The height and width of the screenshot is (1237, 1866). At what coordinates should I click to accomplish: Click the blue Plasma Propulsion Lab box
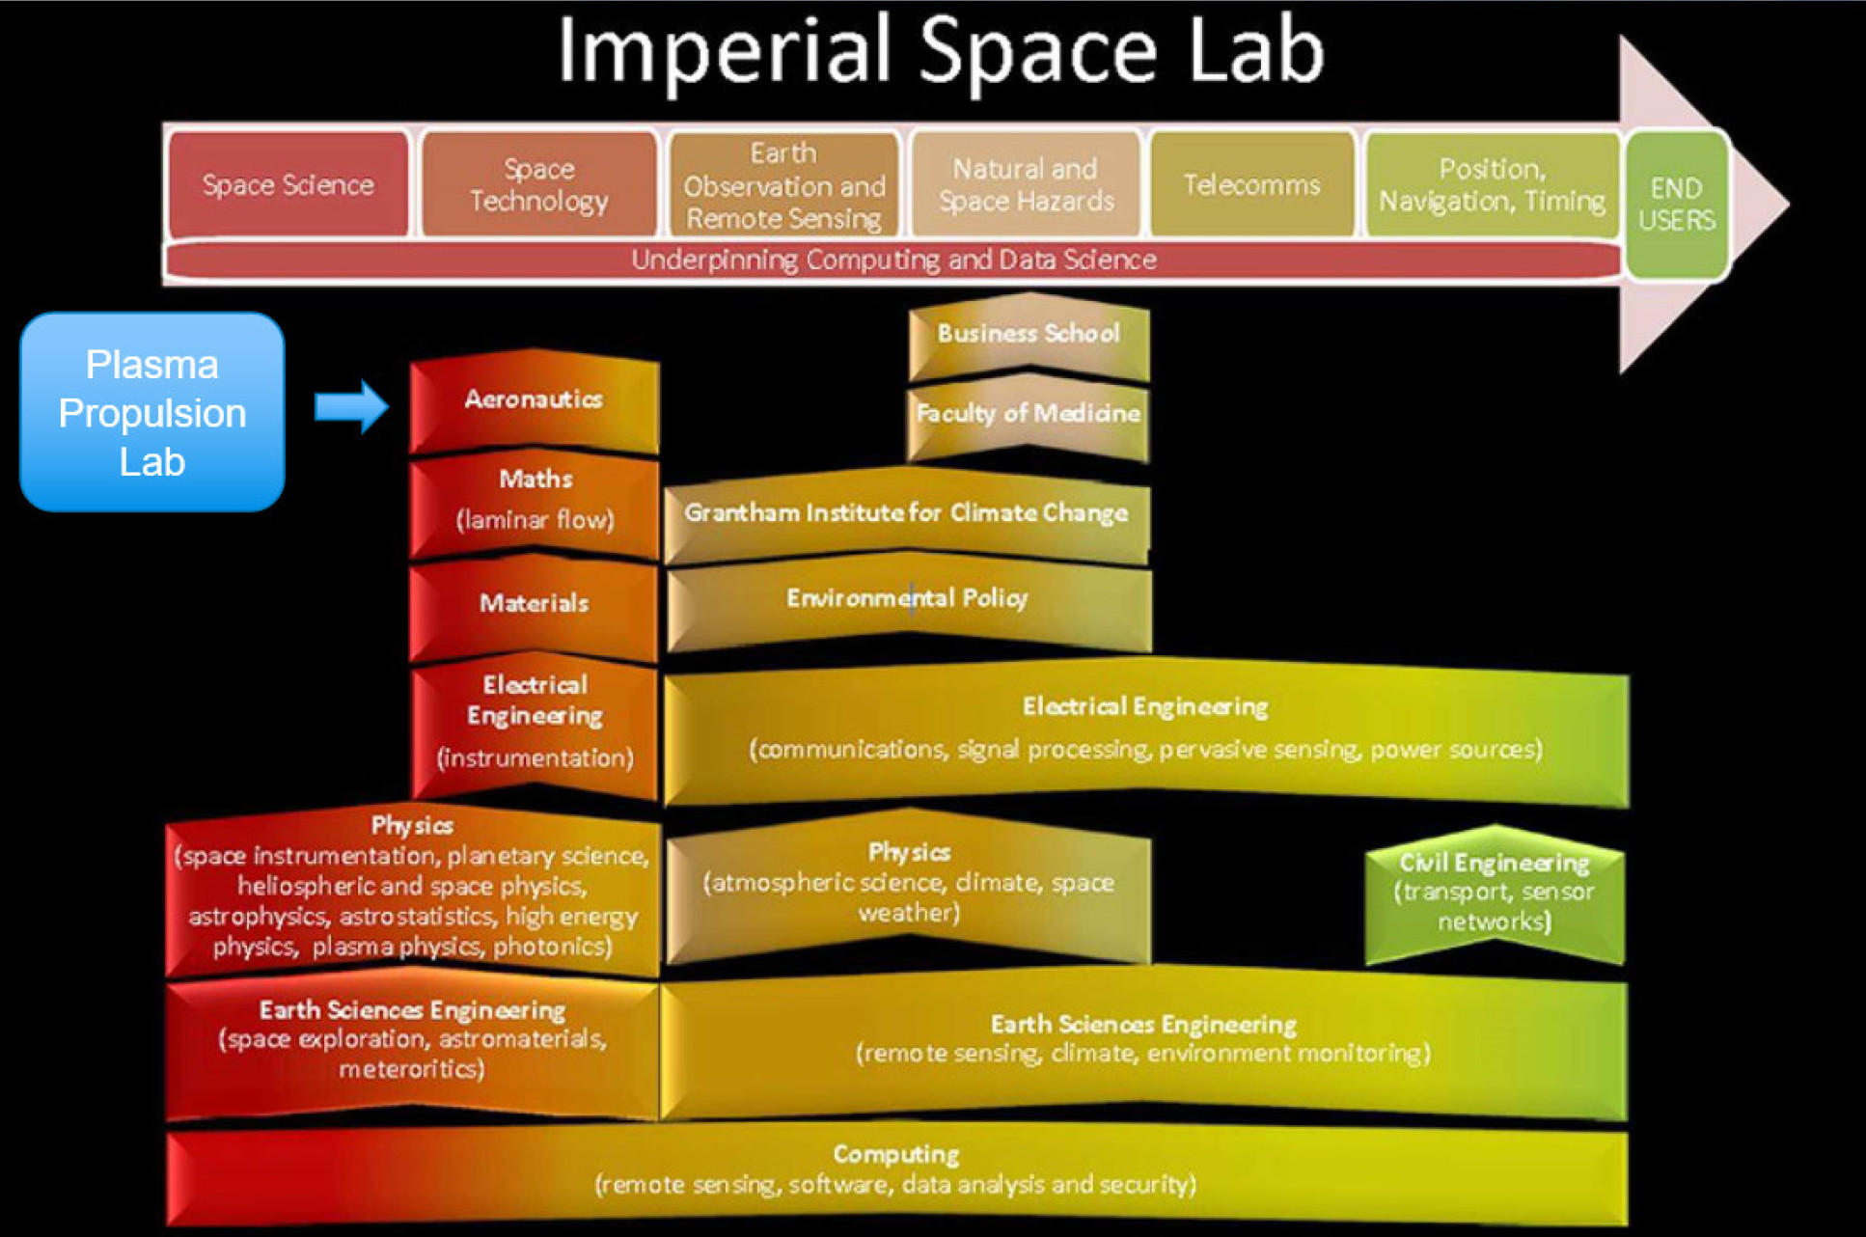[152, 412]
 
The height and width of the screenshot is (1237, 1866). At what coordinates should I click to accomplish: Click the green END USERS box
[1677, 205]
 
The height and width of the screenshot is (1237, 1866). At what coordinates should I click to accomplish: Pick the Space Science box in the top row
[288, 184]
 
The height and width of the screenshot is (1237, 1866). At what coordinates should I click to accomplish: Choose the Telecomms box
[1251, 184]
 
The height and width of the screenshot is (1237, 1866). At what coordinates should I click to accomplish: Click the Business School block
[1029, 335]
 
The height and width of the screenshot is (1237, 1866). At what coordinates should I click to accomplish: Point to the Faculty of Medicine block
[1029, 415]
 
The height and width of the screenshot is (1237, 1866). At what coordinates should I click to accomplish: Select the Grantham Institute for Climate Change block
[906, 513]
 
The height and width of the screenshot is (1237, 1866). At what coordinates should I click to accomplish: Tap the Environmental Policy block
[908, 600]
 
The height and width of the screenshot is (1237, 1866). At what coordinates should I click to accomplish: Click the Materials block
[535, 605]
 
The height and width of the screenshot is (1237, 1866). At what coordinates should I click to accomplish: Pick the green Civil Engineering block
[1495, 893]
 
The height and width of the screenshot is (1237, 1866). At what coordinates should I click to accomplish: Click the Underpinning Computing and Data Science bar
[893, 261]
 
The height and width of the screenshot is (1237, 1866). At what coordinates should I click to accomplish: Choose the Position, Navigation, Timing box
[1492, 184]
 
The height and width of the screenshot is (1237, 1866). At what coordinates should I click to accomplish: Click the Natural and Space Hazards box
[1026, 184]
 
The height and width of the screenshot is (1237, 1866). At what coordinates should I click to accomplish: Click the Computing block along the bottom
[895, 1169]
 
